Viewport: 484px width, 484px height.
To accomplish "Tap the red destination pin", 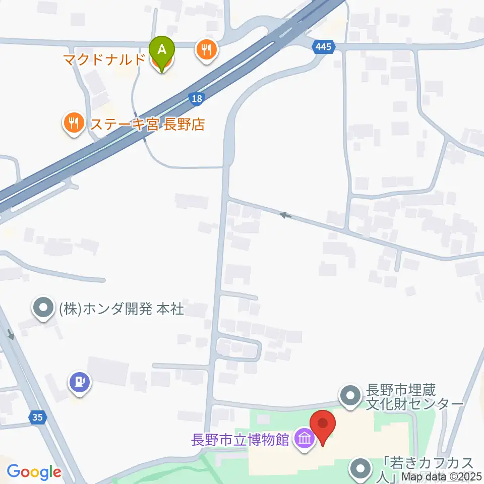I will pyautogui.click(x=322, y=426).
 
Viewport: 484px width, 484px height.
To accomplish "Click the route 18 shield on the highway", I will pyautogui.click(x=197, y=98).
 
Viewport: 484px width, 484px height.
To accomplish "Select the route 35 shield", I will pyautogui.click(x=36, y=417).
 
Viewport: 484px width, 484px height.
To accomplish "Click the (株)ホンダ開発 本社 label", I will pyautogui.click(x=122, y=309).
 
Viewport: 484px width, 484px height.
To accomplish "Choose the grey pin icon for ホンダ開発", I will pyautogui.click(x=43, y=307).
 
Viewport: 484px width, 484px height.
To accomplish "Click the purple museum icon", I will pyautogui.click(x=305, y=439).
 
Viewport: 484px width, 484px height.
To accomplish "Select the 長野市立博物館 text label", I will pyautogui.click(x=240, y=440).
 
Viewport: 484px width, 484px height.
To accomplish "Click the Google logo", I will pyautogui.click(x=34, y=472).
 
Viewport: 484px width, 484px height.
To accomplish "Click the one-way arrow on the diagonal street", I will pyautogui.click(x=286, y=215).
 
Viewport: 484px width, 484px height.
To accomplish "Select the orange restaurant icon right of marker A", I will pyautogui.click(x=207, y=50).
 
